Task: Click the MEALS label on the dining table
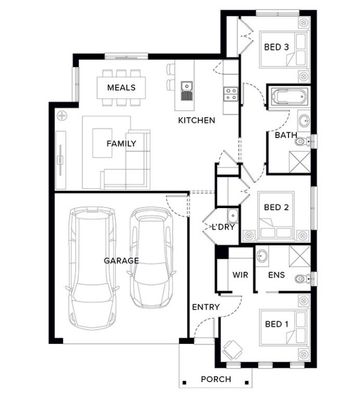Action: pyautogui.click(x=121, y=88)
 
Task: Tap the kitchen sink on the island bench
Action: pyautogui.click(x=187, y=91)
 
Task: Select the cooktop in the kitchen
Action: pyautogui.click(x=231, y=94)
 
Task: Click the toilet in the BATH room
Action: pyautogui.click(x=303, y=142)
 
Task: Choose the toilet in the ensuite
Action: pyautogui.click(x=303, y=279)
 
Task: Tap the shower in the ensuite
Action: pyautogui.click(x=300, y=256)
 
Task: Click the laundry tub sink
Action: pyautogui.click(x=232, y=215)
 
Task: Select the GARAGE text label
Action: pyautogui.click(x=121, y=260)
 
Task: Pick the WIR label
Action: pyautogui.click(x=240, y=275)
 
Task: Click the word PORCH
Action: pyautogui.click(x=216, y=379)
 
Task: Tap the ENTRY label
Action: pyautogui.click(x=206, y=307)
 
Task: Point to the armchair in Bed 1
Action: pyautogui.click(x=232, y=350)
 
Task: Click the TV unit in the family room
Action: pyautogui.click(x=61, y=160)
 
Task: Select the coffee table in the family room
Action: pyautogui.click(x=102, y=143)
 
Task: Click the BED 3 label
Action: pyautogui.click(x=276, y=47)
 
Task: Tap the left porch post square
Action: pyautogui.click(x=185, y=383)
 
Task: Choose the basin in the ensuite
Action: pyautogui.click(x=262, y=256)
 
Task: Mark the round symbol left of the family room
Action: pyautogui.click(x=62, y=115)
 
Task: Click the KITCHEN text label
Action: pyautogui.click(x=196, y=121)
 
